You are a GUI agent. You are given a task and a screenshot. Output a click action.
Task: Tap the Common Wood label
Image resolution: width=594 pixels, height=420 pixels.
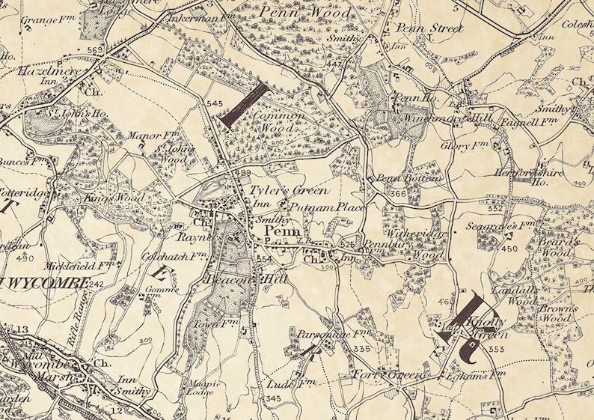tap(278, 123)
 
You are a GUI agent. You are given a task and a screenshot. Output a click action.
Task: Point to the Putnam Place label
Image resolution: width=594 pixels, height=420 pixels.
tap(327, 207)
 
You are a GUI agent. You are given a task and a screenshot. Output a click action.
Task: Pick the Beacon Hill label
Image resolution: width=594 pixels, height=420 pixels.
tap(241, 279)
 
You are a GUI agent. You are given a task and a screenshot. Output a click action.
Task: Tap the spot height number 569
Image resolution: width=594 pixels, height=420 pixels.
tap(94, 50)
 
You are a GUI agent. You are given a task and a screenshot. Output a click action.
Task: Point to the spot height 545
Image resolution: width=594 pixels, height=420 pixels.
tap(215, 103)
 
